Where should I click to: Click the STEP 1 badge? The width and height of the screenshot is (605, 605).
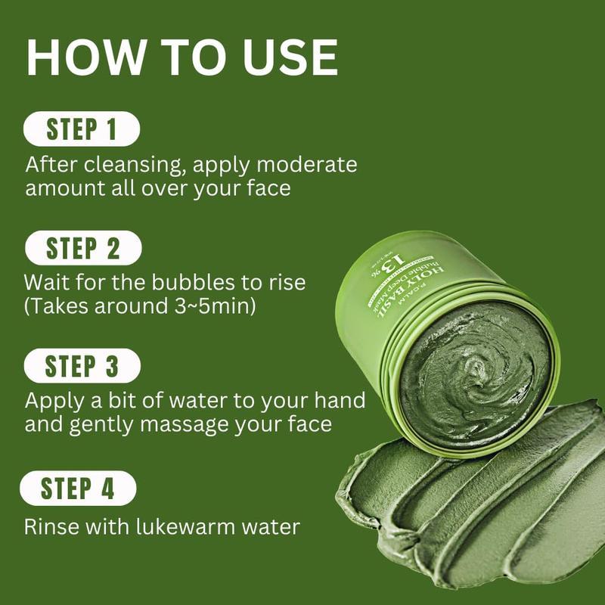(82, 129)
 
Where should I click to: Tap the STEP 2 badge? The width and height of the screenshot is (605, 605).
(82, 248)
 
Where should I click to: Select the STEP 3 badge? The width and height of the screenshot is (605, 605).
(82, 366)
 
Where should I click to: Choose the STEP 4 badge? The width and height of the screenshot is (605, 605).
(78, 488)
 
